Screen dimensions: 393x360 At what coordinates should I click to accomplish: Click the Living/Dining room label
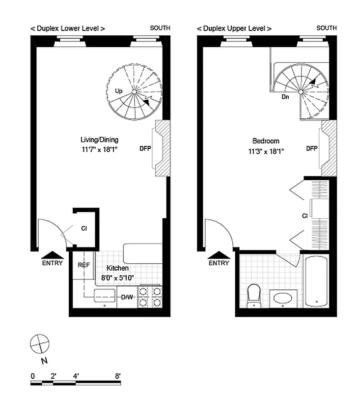[99, 140]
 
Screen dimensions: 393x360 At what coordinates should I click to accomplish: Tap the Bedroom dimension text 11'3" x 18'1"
[266, 152]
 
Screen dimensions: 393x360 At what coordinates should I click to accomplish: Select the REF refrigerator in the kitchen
[83, 265]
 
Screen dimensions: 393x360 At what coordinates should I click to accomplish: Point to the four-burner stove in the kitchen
[150, 297]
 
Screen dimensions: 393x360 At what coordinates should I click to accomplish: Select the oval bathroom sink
[283, 298]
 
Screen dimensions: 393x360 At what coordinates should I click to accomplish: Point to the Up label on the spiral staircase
[118, 91]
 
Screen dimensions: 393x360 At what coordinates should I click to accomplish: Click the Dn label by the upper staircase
[285, 97]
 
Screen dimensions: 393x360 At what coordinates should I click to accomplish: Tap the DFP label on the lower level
[145, 148]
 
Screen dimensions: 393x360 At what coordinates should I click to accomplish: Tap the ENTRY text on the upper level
[219, 263]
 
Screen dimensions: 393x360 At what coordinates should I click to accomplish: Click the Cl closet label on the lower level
[84, 228]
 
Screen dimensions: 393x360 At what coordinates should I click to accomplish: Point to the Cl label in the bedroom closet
[305, 216]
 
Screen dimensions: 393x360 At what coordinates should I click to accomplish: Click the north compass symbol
[40, 343]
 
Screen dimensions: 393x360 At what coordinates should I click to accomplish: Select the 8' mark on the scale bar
[118, 376]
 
